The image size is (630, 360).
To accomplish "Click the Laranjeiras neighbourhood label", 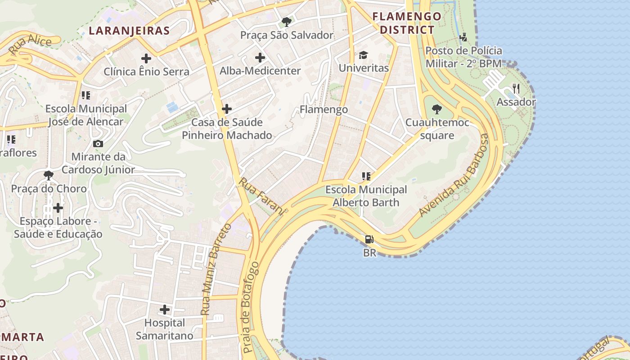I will (129, 31).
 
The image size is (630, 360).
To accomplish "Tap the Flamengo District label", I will (407, 23).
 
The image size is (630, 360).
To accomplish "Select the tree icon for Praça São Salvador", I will (286, 22).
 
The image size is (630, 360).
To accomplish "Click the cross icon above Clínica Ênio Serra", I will (146, 58).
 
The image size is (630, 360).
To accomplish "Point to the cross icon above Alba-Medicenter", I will (260, 58).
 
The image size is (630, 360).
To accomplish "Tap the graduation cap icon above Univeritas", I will (363, 55).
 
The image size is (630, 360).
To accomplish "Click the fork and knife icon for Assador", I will (516, 89).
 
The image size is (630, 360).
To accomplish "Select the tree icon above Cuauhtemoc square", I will (436, 109).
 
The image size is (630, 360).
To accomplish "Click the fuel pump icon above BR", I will (369, 239).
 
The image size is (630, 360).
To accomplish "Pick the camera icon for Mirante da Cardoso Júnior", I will (98, 144).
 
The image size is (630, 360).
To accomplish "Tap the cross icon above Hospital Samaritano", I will (165, 310).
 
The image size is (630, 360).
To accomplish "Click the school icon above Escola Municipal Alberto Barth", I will (366, 176).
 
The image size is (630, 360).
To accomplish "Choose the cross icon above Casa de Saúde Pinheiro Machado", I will (227, 109).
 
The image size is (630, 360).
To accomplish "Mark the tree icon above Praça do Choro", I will (49, 175).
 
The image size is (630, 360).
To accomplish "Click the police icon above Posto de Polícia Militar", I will (463, 37).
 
